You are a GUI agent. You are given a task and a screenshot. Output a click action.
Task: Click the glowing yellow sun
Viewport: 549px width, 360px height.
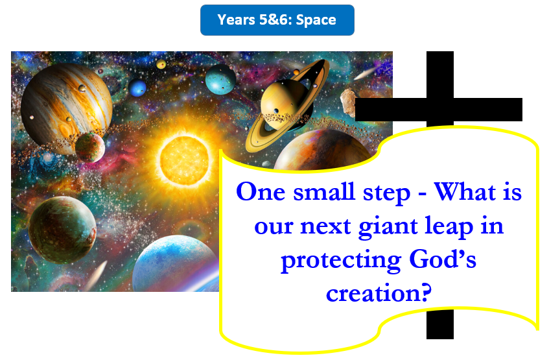click(185, 160)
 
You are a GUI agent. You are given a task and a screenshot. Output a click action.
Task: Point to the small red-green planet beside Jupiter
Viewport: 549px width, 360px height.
click(90, 147)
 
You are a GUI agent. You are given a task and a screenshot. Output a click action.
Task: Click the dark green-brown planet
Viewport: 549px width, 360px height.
click(62, 230)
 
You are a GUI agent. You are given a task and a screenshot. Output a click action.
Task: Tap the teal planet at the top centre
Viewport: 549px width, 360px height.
click(220, 79)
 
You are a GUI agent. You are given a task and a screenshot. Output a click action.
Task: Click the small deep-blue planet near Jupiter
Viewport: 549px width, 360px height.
click(137, 88)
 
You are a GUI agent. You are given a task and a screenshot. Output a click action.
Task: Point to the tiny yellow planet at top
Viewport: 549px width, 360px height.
click(161, 64)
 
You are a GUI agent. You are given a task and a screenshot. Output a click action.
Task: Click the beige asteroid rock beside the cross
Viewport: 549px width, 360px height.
click(348, 102)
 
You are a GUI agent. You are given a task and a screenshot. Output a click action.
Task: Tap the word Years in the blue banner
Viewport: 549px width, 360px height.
click(236, 20)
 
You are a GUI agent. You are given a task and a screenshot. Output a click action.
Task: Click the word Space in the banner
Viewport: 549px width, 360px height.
click(316, 20)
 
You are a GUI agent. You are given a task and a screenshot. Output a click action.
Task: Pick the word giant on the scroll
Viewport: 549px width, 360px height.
click(388, 227)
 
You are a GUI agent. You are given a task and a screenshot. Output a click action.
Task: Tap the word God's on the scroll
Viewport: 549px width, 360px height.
click(443, 259)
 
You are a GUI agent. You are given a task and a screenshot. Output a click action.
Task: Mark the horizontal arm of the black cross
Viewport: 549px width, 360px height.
click(439, 110)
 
